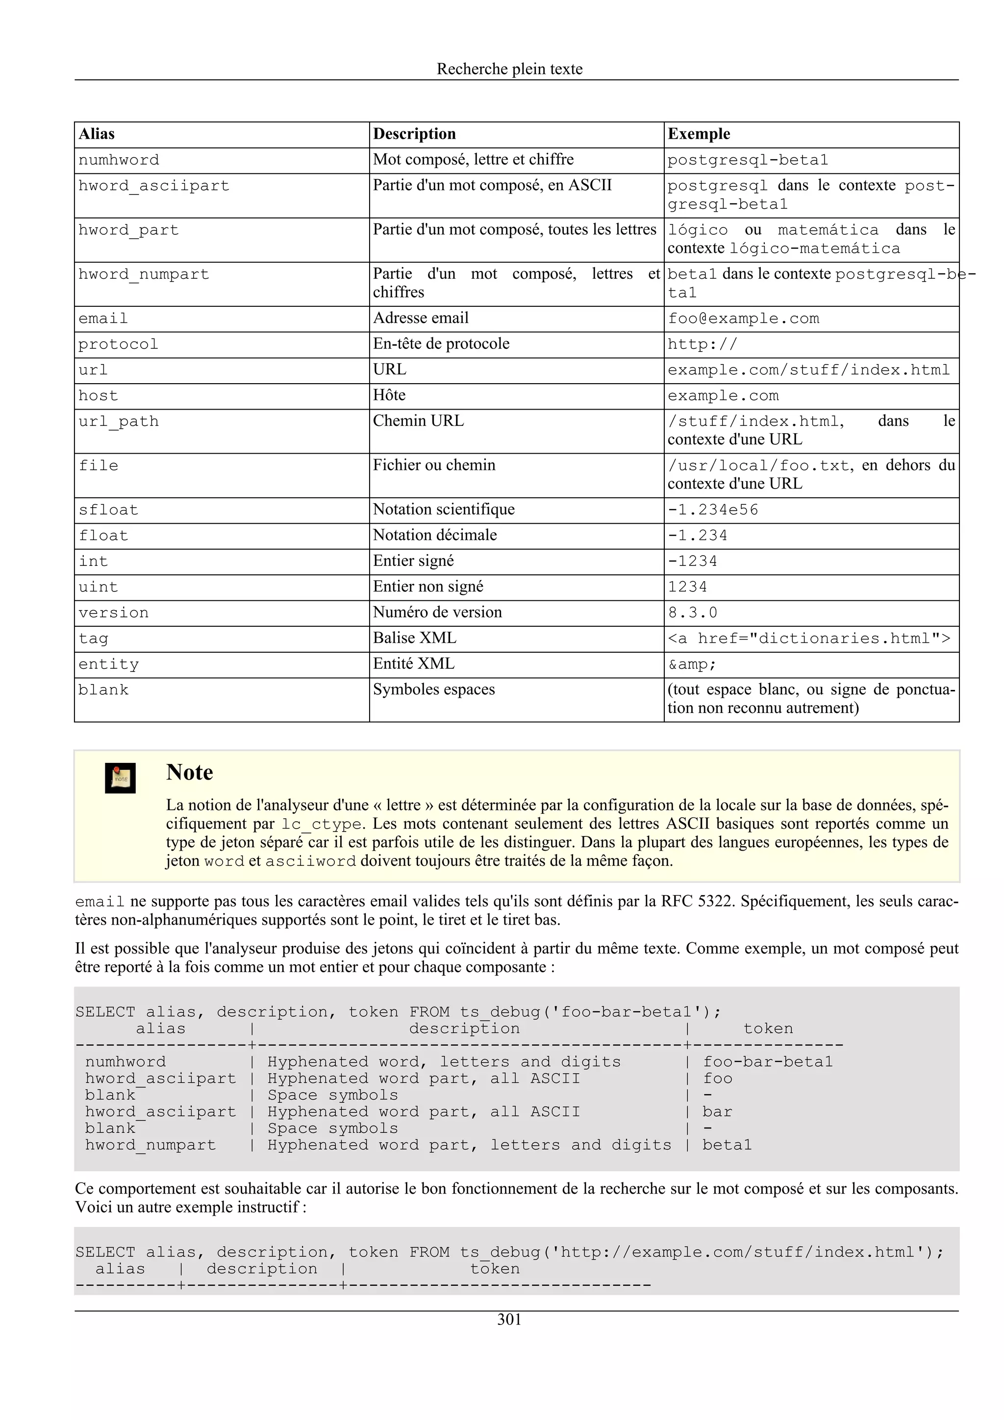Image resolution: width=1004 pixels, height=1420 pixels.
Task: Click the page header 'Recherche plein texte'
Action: tap(509, 69)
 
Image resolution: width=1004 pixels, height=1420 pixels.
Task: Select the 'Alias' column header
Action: tap(97, 134)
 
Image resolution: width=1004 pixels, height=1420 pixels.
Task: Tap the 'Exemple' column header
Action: tap(699, 134)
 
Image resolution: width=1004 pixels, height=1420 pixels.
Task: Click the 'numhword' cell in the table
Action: tap(119, 160)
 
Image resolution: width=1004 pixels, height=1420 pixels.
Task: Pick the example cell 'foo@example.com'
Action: tap(743, 318)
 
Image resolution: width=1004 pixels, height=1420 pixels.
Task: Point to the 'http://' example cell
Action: tap(702, 344)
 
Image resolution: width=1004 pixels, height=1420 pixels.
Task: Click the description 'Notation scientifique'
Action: tap(444, 510)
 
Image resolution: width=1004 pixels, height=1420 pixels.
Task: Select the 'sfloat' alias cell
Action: tap(108, 510)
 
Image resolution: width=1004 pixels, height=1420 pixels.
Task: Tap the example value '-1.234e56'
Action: tap(713, 510)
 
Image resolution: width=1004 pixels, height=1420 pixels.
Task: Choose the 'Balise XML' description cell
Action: tap(414, 638)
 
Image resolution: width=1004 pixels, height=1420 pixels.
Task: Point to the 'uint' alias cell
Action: tap(99, 588)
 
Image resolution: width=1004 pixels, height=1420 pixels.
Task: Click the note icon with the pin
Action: tap(120, 778)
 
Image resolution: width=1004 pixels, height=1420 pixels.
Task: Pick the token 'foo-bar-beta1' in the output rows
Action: tap(768, 1062)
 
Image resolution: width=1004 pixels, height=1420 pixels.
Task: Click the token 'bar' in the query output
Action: tap(717, 1112)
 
